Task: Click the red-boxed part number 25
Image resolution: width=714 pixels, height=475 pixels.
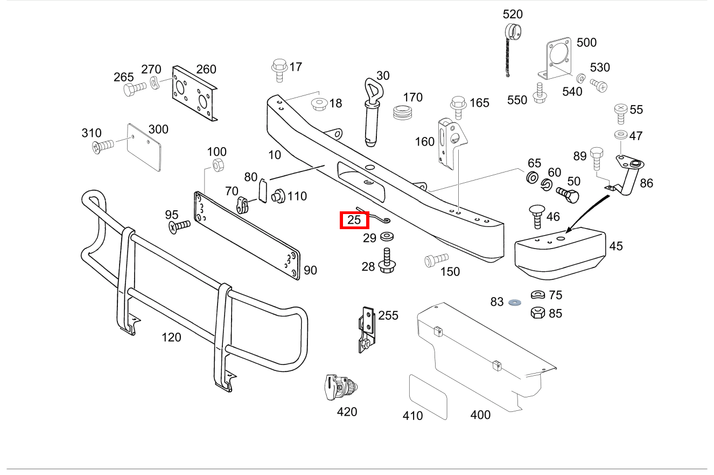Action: pos(354,220)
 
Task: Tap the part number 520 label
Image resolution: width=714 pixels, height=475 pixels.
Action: pos(513,14)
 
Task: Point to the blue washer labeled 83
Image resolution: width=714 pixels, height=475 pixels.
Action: pos(513,302)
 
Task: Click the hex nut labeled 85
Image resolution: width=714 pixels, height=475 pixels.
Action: pos(537,312)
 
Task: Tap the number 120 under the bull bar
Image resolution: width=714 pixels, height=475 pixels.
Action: pos(171,338)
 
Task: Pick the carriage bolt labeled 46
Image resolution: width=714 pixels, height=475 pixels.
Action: pos(536,216)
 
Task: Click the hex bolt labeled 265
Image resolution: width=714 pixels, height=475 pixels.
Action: pos(133,89)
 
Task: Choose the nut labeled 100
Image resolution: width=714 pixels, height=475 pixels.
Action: pos(218,164)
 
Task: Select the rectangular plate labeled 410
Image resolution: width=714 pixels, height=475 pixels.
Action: pos(429,397)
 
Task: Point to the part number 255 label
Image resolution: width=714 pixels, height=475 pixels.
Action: pos(388,315)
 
